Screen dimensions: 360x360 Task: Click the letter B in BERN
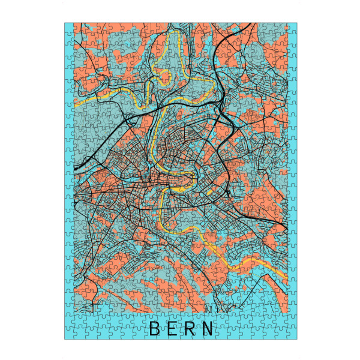click(154, 329)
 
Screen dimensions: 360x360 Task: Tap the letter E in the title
click(172, 329)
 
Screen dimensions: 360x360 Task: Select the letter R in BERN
click(190, 329)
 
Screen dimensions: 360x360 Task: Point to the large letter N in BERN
click(208, 329)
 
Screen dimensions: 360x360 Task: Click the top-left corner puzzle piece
click(69, 28)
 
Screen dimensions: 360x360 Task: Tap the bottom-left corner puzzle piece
click(69, 334)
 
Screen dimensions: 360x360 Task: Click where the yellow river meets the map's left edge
click(75, 102)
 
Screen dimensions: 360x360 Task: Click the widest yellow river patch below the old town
click(178, 190)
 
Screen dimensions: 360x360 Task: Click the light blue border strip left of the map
click(68, 180)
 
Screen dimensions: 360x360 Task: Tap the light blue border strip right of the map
click(293, 180)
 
